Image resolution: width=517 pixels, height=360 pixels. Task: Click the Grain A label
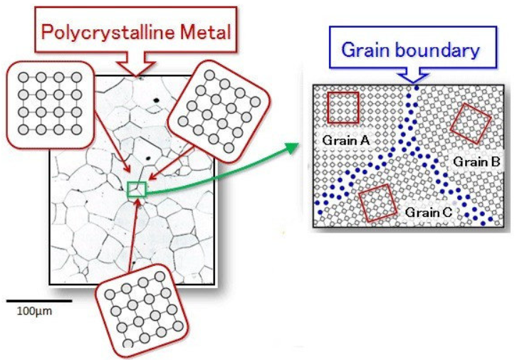pos(345,140)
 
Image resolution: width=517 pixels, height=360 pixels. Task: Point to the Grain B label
pos(477,162)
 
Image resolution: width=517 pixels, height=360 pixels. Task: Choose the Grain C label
pos(428,212)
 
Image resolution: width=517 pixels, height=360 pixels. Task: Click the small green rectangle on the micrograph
pos(136,189)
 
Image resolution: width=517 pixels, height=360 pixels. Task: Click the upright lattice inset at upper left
pos(46,102)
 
